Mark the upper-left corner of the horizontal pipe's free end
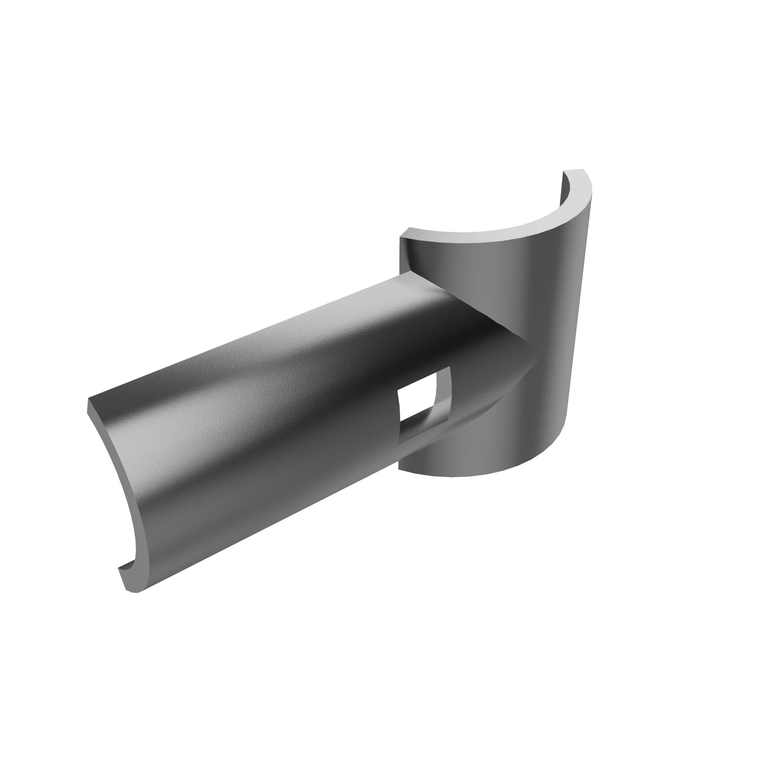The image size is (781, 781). coord(89,400)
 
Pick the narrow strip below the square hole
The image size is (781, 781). coord(421,428)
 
